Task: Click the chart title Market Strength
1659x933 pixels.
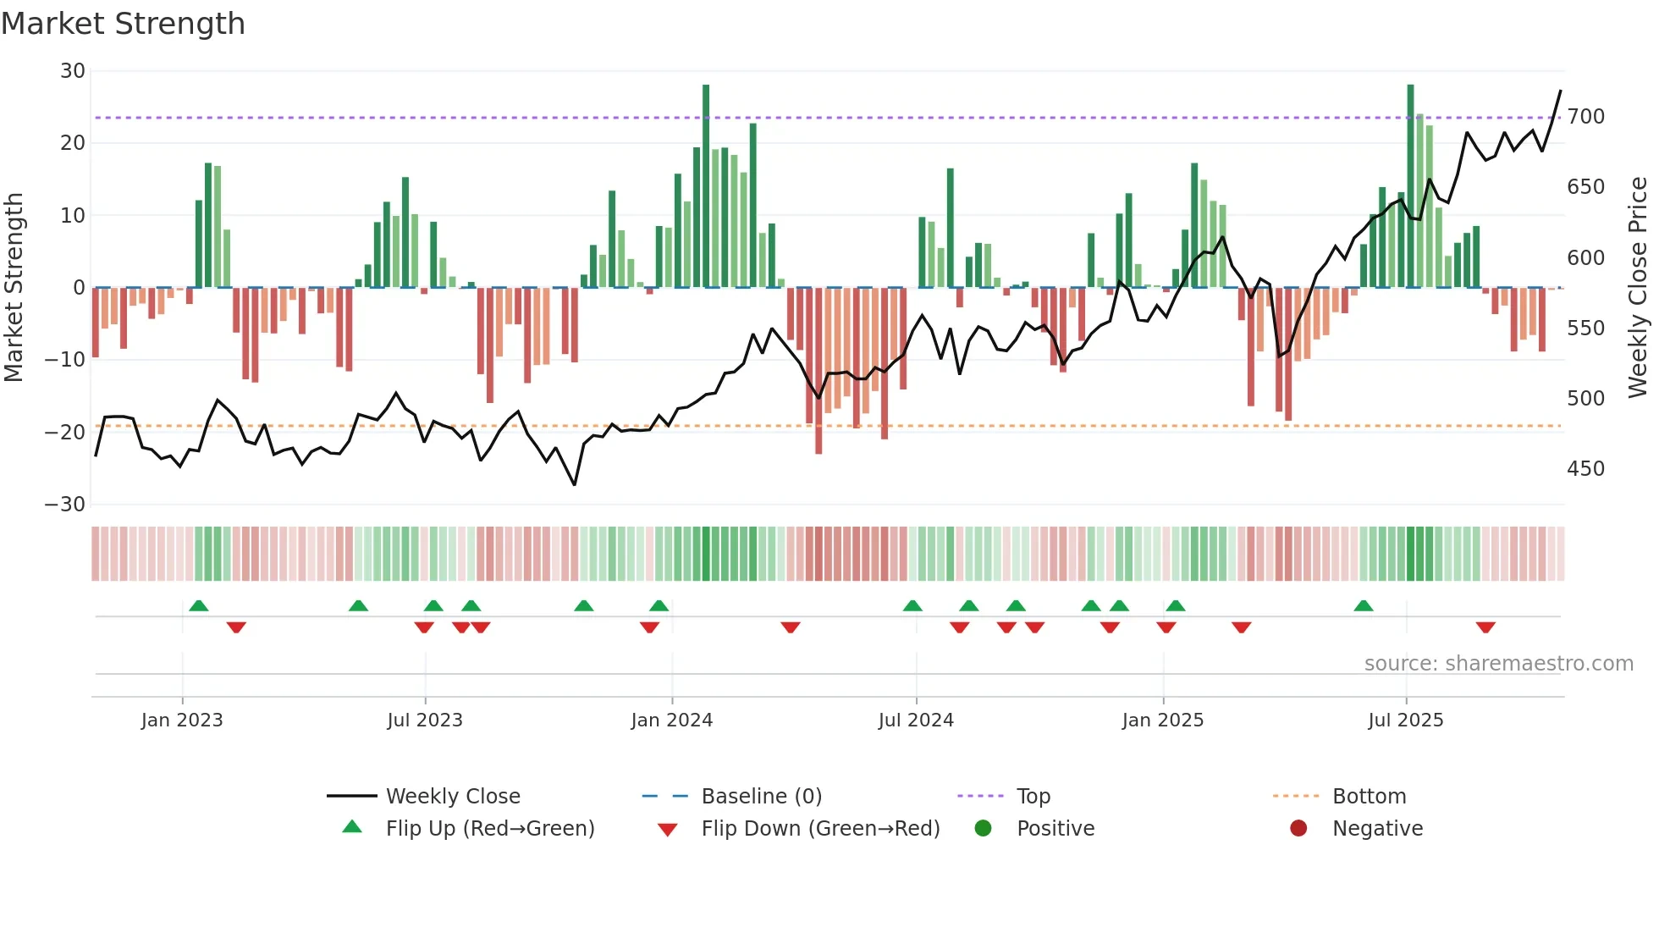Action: tap(123, 24)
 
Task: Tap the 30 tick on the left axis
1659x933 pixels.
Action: tap(73, 71)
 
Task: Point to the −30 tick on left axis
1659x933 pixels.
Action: tap(65, 505)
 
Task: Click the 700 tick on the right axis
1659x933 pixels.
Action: tap(1585, 117)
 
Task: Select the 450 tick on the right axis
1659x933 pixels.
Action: tap(1585, 469)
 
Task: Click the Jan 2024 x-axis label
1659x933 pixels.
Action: tap(671, 720)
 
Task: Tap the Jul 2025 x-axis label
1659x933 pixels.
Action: tap(1405, 720)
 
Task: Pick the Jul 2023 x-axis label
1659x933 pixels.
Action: tap(424, 720)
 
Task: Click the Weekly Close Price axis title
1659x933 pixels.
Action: tap(1638, 288)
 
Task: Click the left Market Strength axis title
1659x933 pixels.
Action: tap(14, 288)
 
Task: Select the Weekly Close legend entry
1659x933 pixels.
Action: tap(452, 797)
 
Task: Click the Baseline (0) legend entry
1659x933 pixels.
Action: tap(761, 797)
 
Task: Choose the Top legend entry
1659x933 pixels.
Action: tap(1033, 797)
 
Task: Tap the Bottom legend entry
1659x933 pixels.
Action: tap(1369, 797)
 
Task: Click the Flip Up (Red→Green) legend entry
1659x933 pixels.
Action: tap(489, 829)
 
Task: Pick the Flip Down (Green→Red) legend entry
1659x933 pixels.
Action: tap(819, 829)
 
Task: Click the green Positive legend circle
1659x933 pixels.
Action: tap(983, 828)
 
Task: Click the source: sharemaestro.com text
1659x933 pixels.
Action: tap(1498, 664)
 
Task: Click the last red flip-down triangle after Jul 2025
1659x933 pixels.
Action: tap(1485, 627)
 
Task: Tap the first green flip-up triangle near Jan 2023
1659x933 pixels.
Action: tap(199, 605)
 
